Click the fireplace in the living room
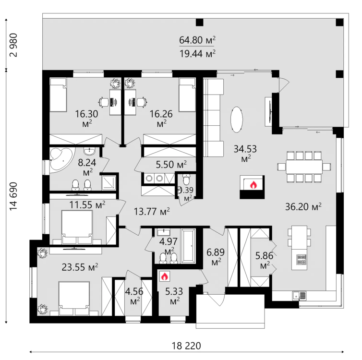click(x=252, y=186)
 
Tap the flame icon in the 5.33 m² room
click(x=164, y=276)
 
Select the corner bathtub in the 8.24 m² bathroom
click(x=60, y=158)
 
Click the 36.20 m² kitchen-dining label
click(x=302, y=207)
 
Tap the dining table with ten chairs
click(x=303, y=167)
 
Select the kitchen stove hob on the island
click(x=302, y=260)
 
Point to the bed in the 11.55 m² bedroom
click(x=76, y=225)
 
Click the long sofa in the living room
click(x=214, y=116)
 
